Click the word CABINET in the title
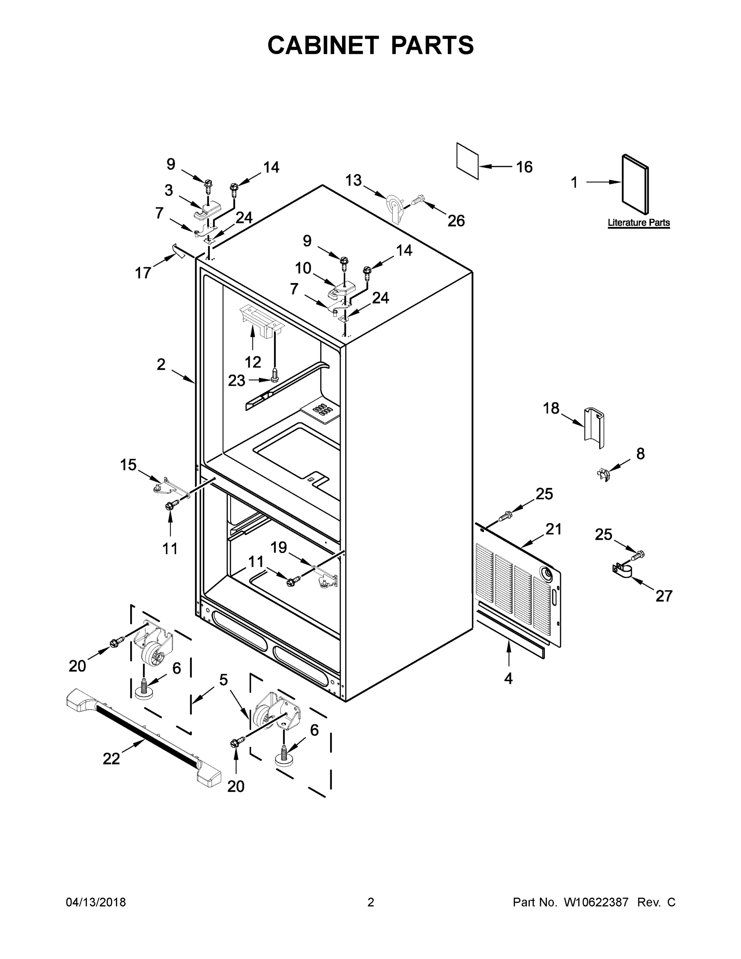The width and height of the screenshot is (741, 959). click(323, 45)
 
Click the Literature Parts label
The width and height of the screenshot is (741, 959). click(638, 223)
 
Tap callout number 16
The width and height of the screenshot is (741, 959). click(524, 167)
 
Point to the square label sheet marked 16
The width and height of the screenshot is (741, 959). click(467, 161)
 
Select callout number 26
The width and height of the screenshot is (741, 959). click(456, 221)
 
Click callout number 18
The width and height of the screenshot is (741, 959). click(551, 408)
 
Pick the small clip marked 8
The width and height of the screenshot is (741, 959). click(604, 474)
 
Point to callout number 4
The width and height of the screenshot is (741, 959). click(509, 679)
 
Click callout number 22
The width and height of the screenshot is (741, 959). click(111, 758)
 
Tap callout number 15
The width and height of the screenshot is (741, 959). click(128, 465)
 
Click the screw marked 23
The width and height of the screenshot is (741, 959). click(275, 375)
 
